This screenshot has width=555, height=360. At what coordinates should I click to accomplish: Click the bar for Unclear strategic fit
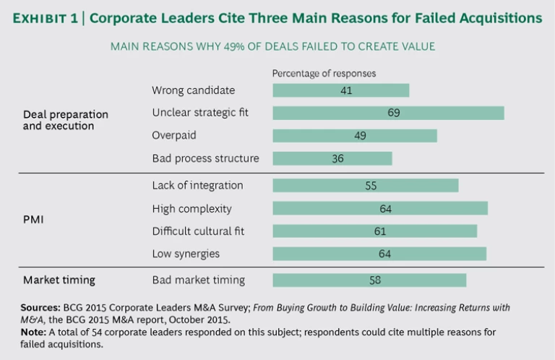(x=387, y=113)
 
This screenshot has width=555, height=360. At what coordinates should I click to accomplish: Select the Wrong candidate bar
(x=340, y=90)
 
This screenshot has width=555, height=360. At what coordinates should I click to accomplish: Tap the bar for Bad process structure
(x=332, y=158)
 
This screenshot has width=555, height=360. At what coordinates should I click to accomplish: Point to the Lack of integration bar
(x=365, y=186)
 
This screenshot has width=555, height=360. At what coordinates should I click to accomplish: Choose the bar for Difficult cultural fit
(x=374, y=231)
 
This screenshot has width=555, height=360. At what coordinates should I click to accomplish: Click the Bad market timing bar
(x=369, y=280)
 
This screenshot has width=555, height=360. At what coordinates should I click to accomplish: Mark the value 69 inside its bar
(x=393, y=113)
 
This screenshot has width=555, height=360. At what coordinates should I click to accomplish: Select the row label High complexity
(x=192, y=209)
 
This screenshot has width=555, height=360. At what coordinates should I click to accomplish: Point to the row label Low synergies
(x=186, y=254)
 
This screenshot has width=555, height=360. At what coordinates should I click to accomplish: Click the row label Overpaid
(x=173, y=135)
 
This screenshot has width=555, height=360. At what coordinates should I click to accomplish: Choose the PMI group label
(x=33, y=219)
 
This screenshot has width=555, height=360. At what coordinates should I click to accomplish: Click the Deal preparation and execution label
(x=65, y=120)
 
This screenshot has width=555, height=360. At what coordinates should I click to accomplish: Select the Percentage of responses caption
(x=324, y=74)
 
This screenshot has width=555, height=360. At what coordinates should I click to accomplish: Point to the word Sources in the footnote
(x=40, y=307)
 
